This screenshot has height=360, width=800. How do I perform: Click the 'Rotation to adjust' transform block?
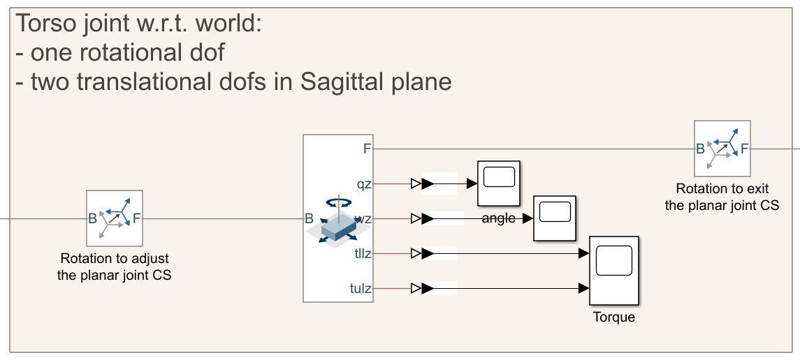coord(115,218)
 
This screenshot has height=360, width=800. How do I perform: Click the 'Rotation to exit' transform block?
coord(722,148)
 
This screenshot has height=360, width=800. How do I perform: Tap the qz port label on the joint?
coord(364,184)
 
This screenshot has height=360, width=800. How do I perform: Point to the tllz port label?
coord(363,253)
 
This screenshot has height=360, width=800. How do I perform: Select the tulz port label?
coord(361,287)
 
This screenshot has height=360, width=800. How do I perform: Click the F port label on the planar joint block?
coord(367,149)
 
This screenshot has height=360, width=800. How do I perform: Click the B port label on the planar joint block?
coord(310,218)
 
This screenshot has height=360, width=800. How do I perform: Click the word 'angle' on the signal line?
coord(499,218)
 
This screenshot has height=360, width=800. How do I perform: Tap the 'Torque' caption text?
coord(614,317)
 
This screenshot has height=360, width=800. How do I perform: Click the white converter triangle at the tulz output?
coord(416,288)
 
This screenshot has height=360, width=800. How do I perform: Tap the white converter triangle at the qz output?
coord(416,184)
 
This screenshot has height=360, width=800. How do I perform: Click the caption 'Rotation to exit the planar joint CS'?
coord(722,197)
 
